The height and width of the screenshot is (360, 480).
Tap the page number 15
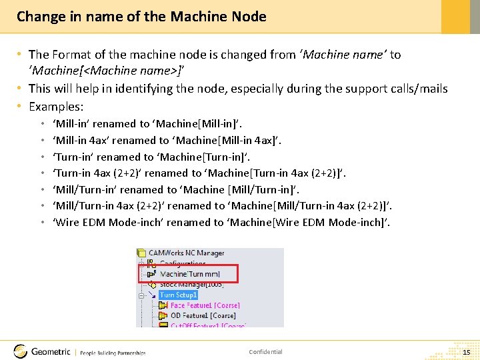tap(466, 351)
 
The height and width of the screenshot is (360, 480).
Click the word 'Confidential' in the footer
tap(265, 352)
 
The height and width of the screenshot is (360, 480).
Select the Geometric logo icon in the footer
tap(21, 351)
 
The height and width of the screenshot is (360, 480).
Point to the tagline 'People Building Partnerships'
tap(113, 353)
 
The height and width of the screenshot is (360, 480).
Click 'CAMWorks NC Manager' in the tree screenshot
tap(186, 253)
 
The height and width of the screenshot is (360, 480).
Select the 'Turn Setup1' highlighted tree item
tap(178, 295)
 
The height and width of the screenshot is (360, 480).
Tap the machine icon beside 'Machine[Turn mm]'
tap(152, 274)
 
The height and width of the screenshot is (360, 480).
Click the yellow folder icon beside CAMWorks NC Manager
tap(141, 253)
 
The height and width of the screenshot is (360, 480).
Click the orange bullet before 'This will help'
tap(21, 89)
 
